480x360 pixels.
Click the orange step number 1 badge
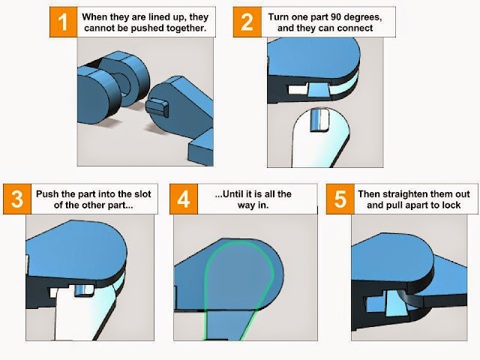pyautogui.click(x=63, y=22)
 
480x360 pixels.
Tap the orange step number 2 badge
pyautogui.click(x=247, y=22)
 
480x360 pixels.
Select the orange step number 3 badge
pyautogui.click(x=17, y=199)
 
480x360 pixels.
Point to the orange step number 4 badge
pyautogui.click(x=184, y=199)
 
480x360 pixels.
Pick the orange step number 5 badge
pyautogui.click(x=340, y=199)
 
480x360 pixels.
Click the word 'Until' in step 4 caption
pyautogui.click(x=232, y=193)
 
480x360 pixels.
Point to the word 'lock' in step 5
pyautogui.click(x=451, y=205)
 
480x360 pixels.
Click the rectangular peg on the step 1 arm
pyautogui.click(x=157, y=107)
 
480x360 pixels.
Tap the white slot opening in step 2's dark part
pyautogui.click(x=298, y=90)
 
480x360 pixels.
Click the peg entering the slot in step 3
pyautogui.click(x=84, y=290)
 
